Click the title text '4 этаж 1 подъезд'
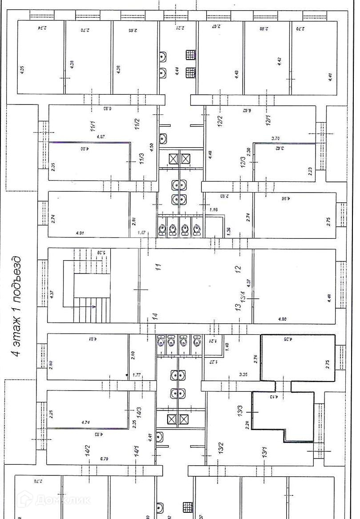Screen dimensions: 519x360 coord(16,306)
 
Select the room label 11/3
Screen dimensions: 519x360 coord(141,159)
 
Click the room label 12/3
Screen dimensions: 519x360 coord(242,161)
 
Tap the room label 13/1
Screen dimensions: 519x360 coord(265,451)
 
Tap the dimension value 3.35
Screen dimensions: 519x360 coord(243,375)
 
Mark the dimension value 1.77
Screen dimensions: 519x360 coord(137,375)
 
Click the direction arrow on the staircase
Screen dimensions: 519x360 coord(93,306)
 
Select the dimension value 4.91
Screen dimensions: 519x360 coord(80,232)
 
